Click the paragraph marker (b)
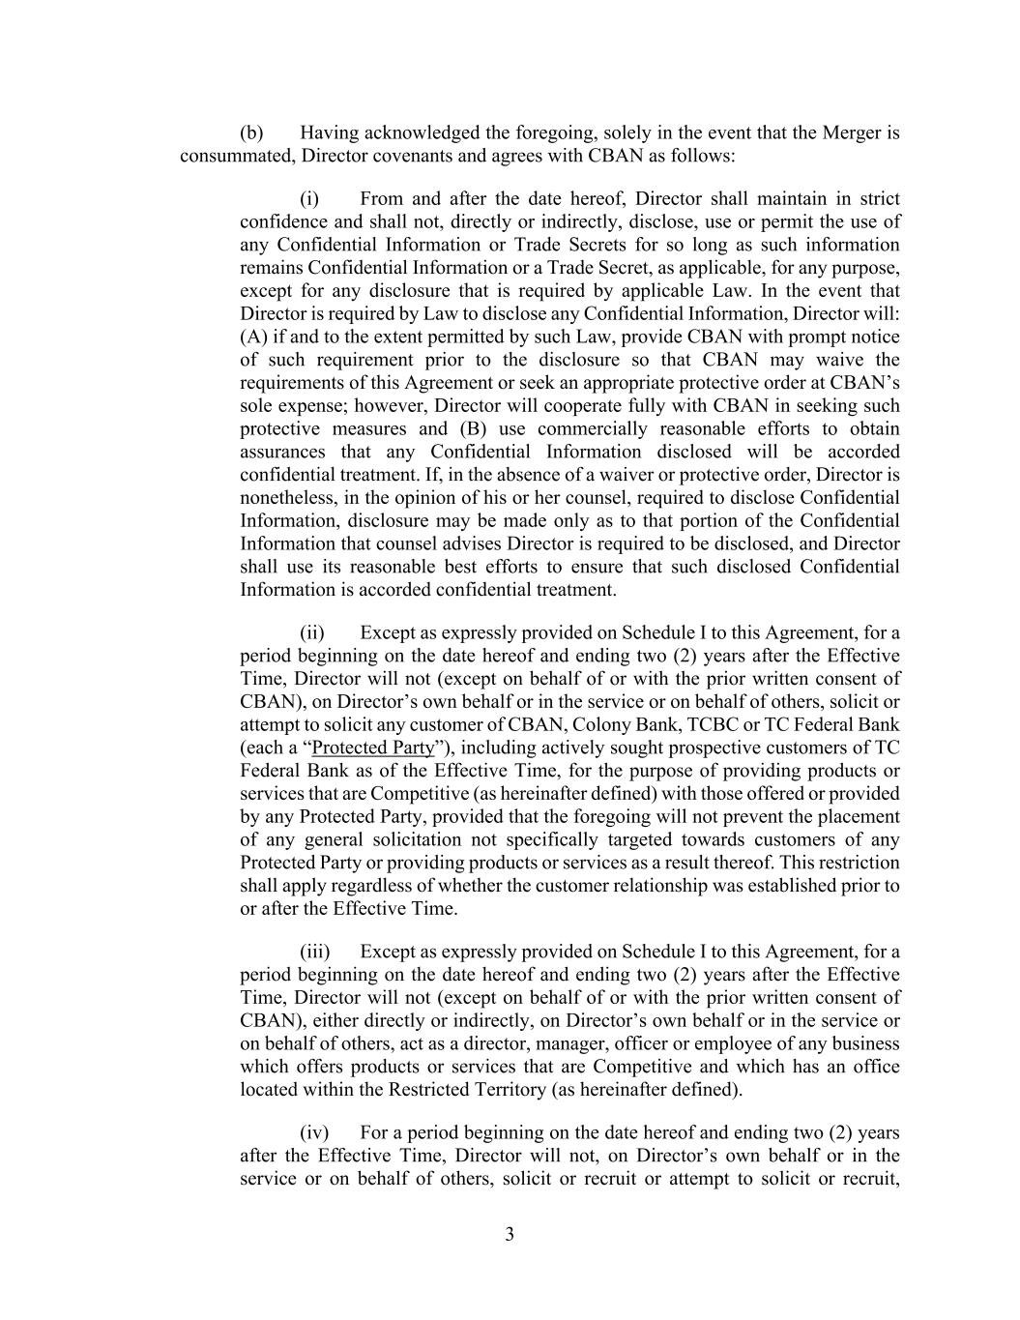[x=251, y=132]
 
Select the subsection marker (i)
[x=309, y=199]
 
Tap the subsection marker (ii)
[x=311, y=633]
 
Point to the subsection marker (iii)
[x=314, y=952]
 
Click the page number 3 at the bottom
[x=510, y=1235]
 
